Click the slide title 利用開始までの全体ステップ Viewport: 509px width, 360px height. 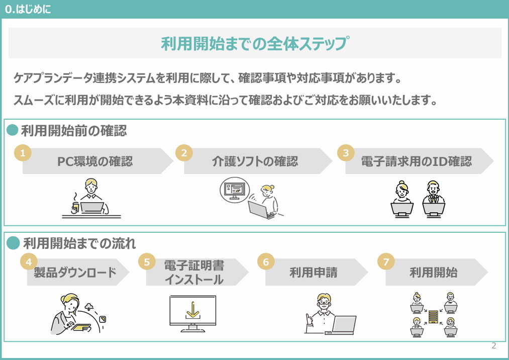255,44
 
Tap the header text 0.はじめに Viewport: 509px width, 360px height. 28,9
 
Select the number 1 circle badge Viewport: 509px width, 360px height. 23,153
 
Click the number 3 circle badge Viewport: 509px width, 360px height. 346,153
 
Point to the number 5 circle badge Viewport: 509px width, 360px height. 147,261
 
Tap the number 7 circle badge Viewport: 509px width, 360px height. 386,261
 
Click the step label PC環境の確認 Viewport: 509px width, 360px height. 95,161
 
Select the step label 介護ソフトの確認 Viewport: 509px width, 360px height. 255,161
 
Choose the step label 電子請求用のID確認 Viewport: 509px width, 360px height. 417,161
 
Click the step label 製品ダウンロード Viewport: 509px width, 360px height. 75,273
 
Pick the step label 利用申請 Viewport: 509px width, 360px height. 313,273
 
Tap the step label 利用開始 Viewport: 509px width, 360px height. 433,273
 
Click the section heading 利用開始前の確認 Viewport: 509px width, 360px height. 74,131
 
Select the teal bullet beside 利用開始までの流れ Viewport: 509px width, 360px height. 13,243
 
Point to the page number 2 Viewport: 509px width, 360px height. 494,345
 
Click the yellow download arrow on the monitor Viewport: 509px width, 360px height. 193,310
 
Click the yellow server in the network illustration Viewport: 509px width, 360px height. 433,317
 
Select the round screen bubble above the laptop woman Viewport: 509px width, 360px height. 235,190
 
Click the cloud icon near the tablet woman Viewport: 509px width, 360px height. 89,306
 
